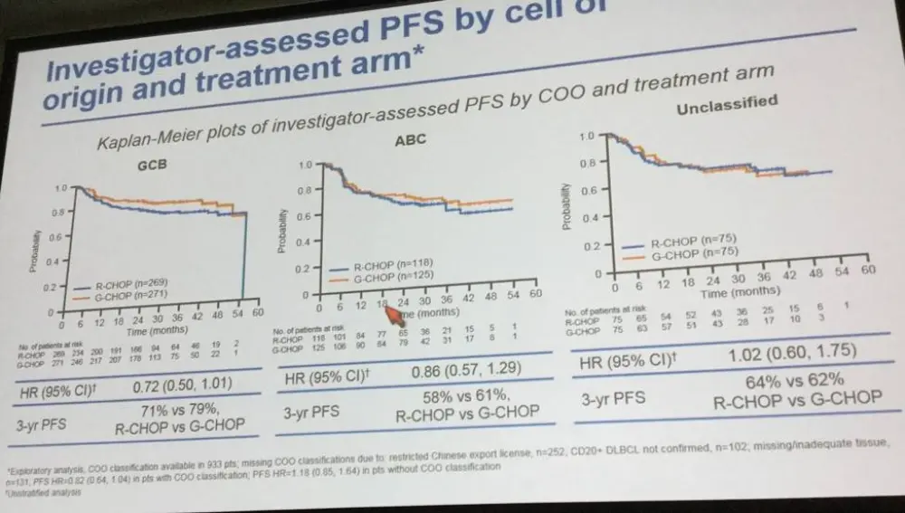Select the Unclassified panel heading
point(726,105)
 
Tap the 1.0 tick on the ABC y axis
point(303,165)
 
